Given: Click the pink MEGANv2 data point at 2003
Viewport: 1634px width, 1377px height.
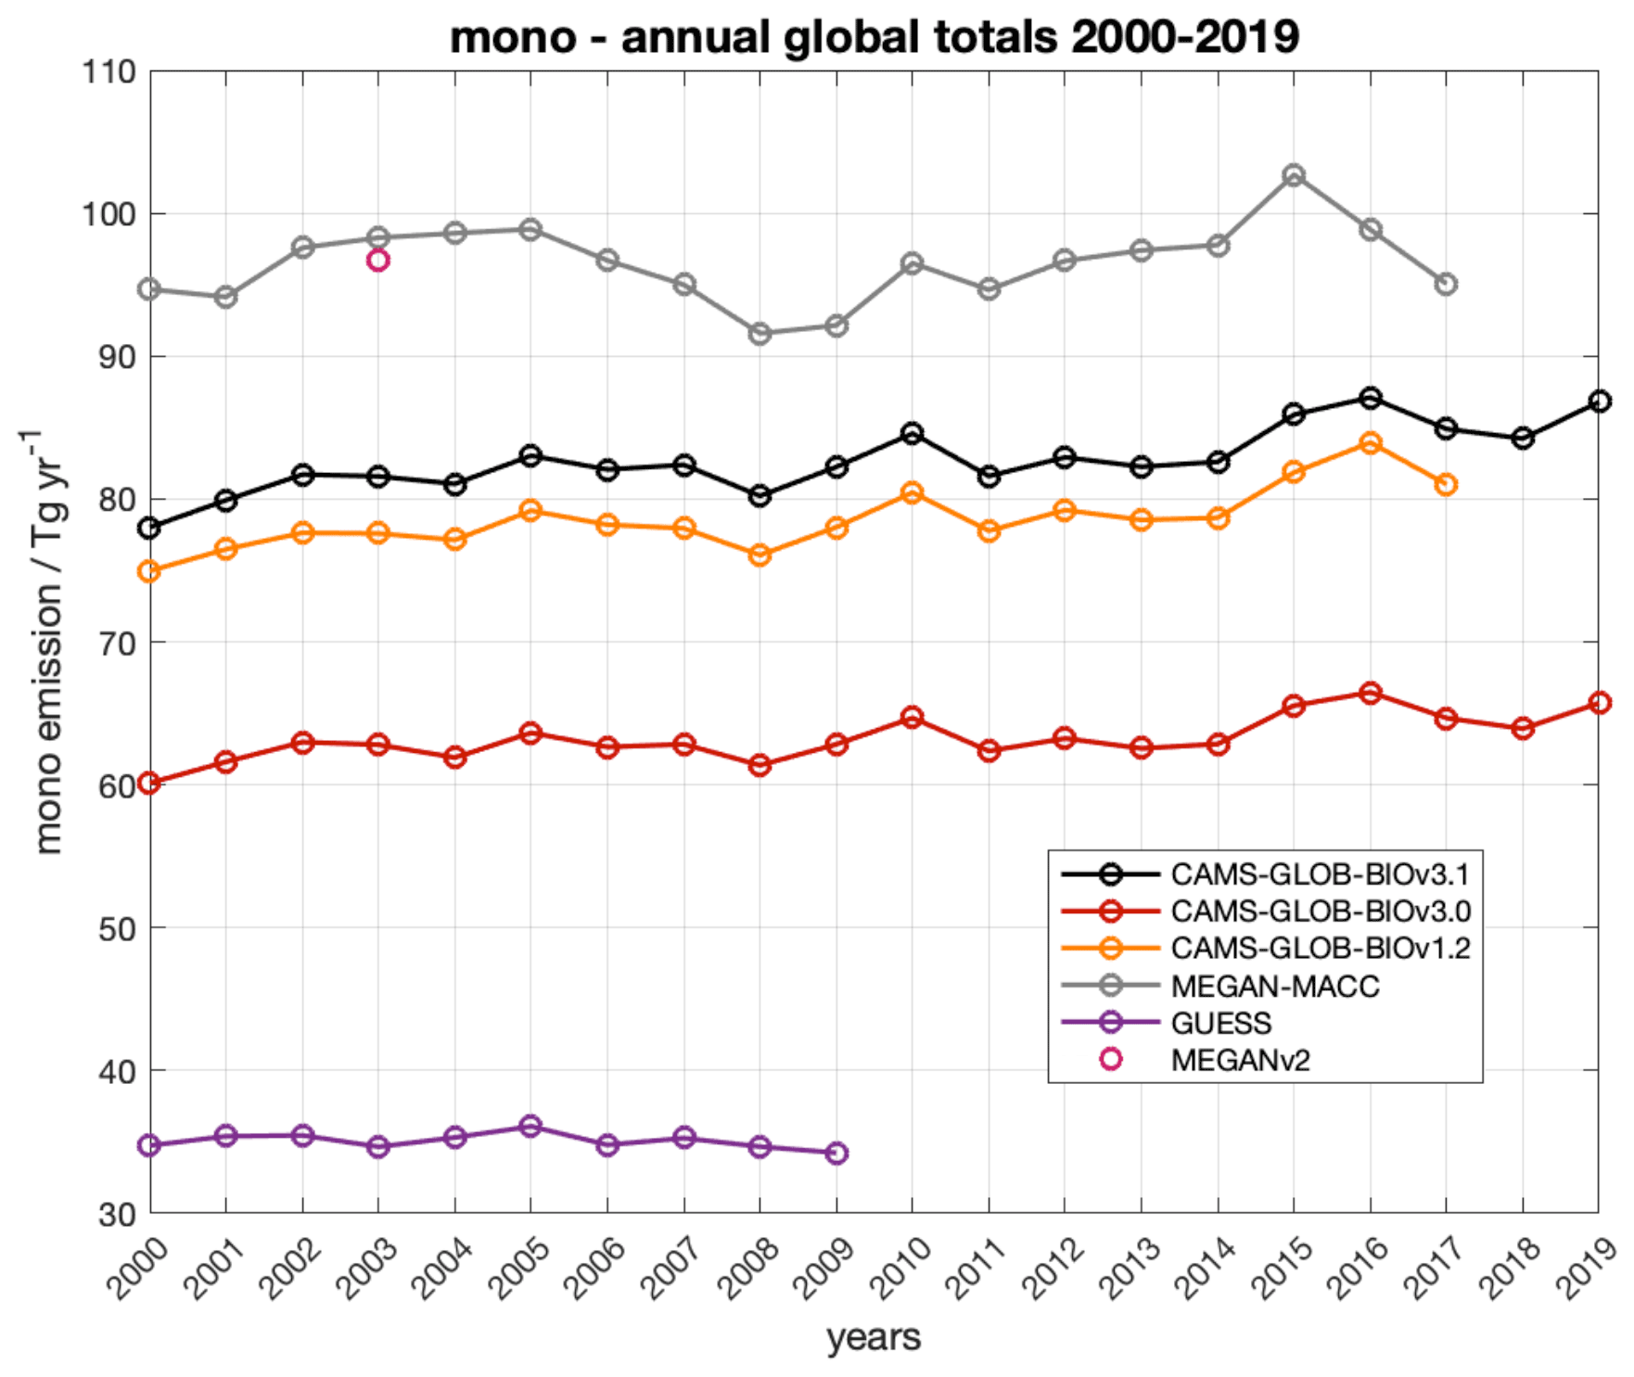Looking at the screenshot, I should point(377,261).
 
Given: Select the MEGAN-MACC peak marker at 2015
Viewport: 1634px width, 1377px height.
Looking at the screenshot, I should point(1294,175).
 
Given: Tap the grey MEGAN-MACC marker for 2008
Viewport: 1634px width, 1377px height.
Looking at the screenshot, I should point(760,334).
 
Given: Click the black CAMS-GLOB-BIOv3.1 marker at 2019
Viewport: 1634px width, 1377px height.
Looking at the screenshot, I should point(1599,402).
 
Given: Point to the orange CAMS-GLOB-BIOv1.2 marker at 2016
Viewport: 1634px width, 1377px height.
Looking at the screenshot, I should point(1370,443).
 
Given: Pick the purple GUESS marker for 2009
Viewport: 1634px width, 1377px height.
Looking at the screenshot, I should point(836,1154).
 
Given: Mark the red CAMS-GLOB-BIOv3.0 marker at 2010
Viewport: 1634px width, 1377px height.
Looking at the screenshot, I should point(913,717).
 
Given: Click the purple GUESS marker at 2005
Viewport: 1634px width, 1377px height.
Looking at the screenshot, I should point(530,1127).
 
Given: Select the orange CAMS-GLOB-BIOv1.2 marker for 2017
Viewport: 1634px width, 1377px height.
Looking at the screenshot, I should point(1446,484).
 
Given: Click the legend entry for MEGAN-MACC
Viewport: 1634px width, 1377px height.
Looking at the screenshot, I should point(1274,986).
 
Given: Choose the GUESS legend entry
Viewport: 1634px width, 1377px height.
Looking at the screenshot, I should point(1220,1023).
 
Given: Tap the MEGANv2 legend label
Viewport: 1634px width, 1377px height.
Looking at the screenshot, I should point(1240,1060).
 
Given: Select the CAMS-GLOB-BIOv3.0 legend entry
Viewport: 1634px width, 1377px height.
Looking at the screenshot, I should point(1320,912).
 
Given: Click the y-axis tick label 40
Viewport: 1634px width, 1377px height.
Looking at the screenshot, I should point(116,1071).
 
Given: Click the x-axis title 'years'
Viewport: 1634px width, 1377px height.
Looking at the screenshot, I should point(874,1337).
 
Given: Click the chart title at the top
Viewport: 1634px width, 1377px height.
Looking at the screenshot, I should point(874,37).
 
